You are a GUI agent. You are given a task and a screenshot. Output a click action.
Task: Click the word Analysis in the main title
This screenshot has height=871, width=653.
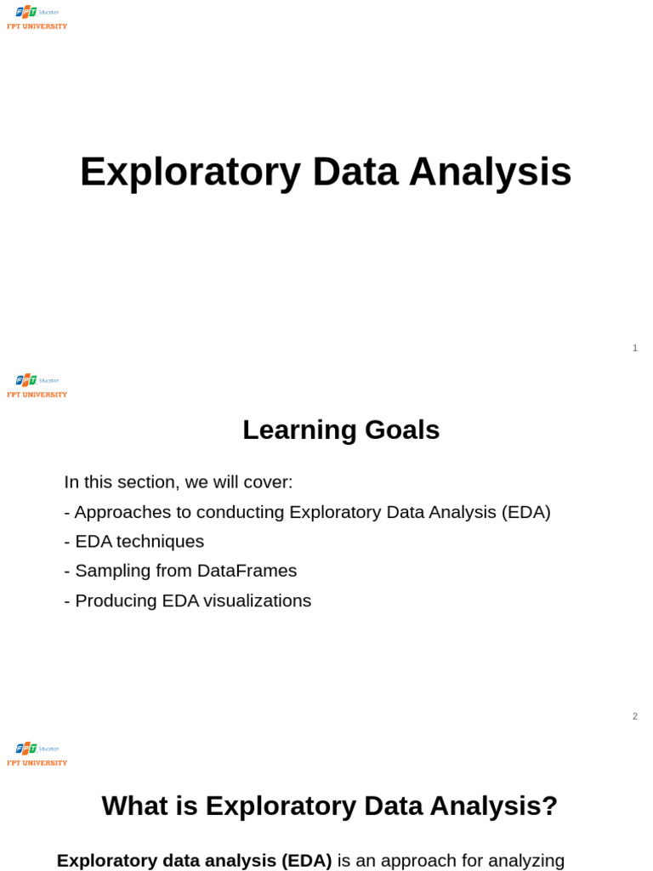tap(490, 173)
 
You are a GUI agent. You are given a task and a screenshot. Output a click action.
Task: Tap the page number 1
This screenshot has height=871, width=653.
tap(635, 348)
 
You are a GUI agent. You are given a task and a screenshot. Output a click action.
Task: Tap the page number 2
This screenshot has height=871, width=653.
tap(635, 716)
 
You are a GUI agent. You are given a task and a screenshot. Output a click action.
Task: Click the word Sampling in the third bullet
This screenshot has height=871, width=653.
tap(109, 571)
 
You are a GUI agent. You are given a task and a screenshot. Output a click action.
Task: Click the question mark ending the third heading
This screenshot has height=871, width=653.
tap(550, 806)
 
